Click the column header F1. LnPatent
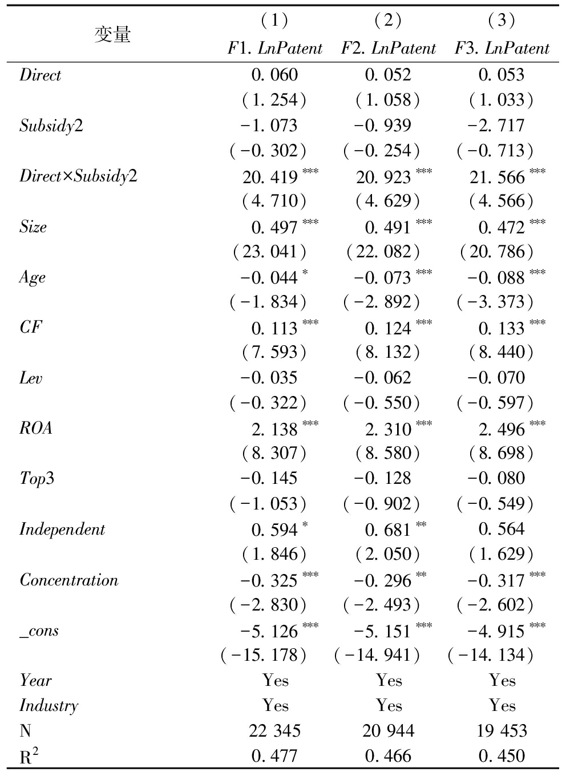point(275,48)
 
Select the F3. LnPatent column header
point(502,48)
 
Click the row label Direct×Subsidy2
point(78,176)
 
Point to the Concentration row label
point(69,580)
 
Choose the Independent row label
point(62,529)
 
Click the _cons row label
point(39,630)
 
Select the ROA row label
point(36,428)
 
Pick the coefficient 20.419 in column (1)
point(270,177)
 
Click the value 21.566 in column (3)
point(497,177)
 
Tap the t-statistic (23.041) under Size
point(269,252)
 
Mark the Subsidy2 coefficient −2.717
point(495,126)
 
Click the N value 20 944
point(389,731)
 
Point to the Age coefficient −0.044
point(269,278)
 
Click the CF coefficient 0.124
point(388,328)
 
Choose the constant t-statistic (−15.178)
point(264,655)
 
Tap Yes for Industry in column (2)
point(389,706)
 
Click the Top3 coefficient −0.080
point(495,479)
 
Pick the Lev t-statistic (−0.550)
point(382,403)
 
